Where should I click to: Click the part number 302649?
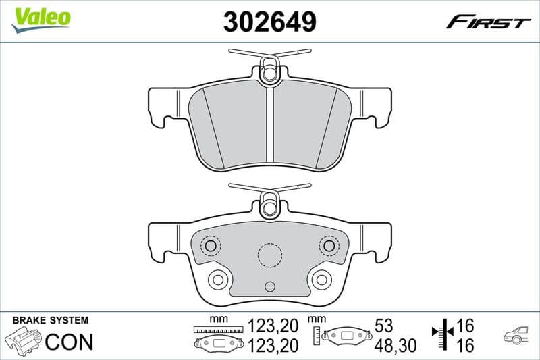tap(270, 22)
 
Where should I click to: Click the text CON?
tap(68, 342)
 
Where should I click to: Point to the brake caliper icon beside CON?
tap(23, 340)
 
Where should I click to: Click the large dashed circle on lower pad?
tap(269, 255)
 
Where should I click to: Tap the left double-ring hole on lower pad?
tap(217, 278)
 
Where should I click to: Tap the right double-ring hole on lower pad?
tap(321, 278)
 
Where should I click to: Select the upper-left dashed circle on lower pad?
tap(211, 245)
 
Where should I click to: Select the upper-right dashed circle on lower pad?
tap(329, 245)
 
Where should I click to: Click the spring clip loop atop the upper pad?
tap(269, 71)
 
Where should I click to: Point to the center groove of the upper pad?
tap(269, 128)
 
